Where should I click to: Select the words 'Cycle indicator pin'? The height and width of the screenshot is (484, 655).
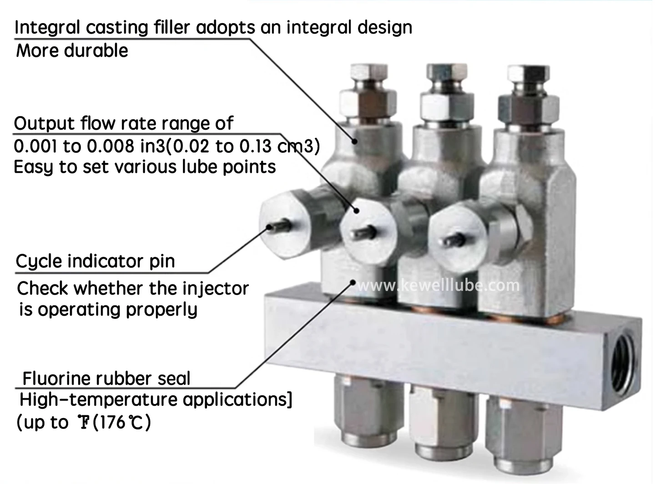coord(95,262)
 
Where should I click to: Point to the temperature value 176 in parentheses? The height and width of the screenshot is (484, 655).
coord(111,423)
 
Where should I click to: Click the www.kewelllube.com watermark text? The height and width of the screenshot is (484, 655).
coord(438,285)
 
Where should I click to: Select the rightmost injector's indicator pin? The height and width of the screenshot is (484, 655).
coord(455,238)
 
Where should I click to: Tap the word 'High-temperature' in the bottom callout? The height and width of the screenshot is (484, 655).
coord(98,400)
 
